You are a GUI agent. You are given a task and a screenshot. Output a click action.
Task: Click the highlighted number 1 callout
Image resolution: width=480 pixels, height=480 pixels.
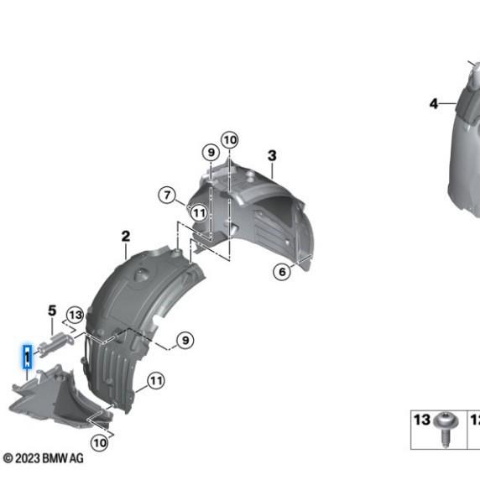[28, 357]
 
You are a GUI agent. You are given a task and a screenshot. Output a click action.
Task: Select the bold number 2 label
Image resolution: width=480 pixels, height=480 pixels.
[126, 237]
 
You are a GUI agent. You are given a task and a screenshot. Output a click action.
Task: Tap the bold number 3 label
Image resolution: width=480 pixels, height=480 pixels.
[272, 155]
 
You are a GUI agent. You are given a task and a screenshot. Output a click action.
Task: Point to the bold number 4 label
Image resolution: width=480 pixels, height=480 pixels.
[434, 104]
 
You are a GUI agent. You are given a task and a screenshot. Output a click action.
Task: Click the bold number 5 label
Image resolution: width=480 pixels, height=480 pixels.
[52, 310]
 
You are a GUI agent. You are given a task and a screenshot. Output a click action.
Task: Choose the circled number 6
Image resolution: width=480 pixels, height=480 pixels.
[282, 271]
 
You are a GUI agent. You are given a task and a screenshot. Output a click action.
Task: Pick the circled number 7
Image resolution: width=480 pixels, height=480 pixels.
[167, 195]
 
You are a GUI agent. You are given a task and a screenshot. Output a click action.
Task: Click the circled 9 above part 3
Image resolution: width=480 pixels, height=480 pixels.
[211, 152]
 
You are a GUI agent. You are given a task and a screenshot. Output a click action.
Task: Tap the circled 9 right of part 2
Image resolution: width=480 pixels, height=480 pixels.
[185, 340]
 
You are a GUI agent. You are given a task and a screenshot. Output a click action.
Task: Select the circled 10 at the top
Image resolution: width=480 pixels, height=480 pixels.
[230, 140]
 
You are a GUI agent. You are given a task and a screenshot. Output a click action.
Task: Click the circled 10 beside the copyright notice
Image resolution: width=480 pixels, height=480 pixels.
[100, 442]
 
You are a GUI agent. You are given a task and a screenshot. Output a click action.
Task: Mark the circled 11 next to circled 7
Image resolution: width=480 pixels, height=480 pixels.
[199, 213]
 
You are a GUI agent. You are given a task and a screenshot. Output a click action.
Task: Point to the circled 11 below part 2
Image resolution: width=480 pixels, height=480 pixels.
[156, 381]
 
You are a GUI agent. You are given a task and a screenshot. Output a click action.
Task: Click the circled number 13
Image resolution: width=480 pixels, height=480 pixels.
[76, 315]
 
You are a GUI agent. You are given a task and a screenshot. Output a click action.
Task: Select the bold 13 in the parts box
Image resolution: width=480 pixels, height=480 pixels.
[422, 420]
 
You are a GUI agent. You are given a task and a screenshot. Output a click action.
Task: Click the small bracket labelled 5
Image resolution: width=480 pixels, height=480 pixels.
[55, 345]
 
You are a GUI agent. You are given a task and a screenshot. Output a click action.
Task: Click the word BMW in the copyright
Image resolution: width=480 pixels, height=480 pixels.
[55, 458]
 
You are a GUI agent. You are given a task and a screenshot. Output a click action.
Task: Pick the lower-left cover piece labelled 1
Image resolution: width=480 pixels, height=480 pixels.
[60, 398]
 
